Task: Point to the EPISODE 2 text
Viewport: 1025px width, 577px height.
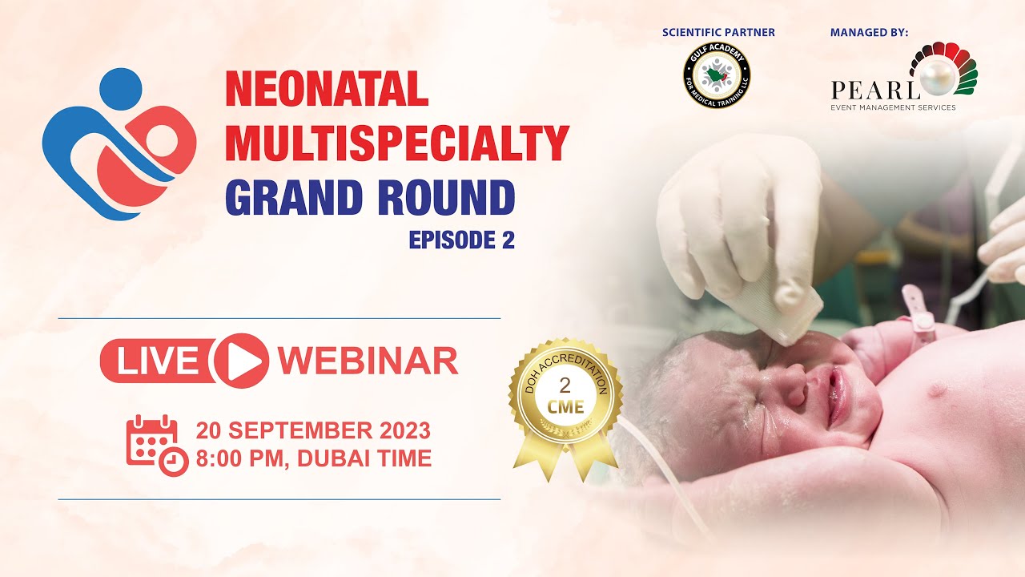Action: (461, 240)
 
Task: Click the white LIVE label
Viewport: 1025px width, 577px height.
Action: (158, 361)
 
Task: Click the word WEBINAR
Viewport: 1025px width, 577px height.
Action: (368, 361)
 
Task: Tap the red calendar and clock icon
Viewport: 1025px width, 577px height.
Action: (156, 446)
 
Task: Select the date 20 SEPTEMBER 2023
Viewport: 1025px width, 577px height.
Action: (313, 430)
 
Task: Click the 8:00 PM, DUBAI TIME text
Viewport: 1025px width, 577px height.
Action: (313, 458)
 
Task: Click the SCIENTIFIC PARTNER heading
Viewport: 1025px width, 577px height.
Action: (718, 33)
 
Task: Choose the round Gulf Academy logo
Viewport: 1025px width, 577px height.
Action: (717, 76)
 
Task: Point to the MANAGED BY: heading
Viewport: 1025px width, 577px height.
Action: (869, 33)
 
